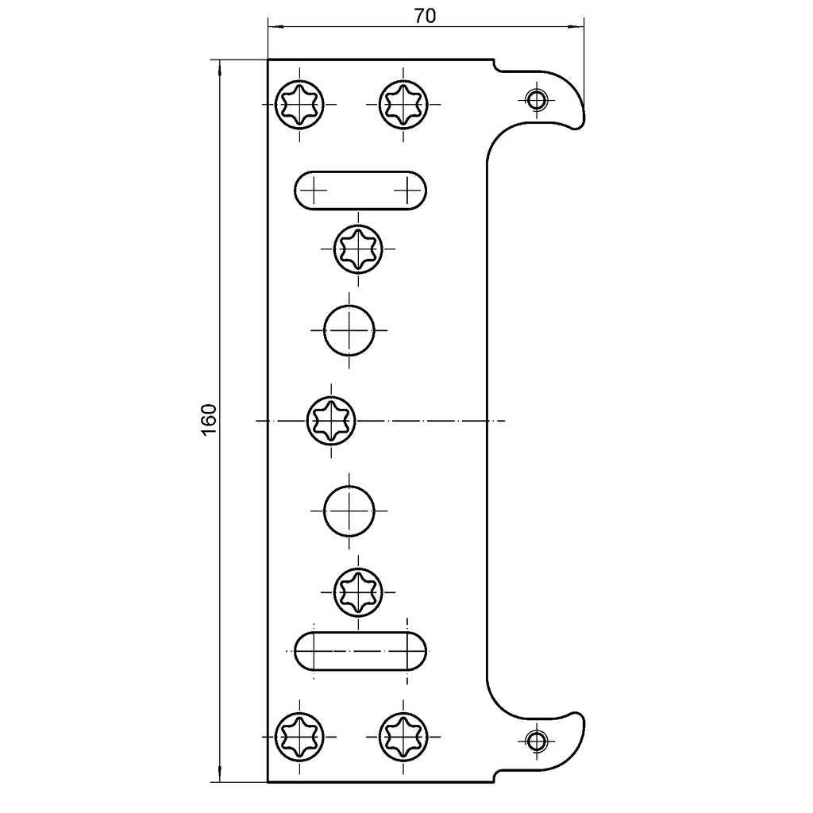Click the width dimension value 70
(x=425, y=16)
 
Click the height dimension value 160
(x=209, y=419)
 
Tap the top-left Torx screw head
(x=299, y=104)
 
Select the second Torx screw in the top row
(x=403, y=104)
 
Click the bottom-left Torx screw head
(x=299, y=737)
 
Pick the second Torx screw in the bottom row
(x=403, y=737)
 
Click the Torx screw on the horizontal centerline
(x=331, y=421)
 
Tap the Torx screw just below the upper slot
(x=358, y=249)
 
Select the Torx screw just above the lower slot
(x=358, y=591)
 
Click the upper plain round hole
(x=349, y=330)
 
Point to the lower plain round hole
(x=349, y=511)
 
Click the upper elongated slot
(x=361, y=191)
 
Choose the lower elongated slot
(x=361, y=651)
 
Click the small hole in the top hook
(x=536, y=98)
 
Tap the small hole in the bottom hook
(x=536, y=741)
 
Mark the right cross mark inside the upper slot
(x=407, y=191)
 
